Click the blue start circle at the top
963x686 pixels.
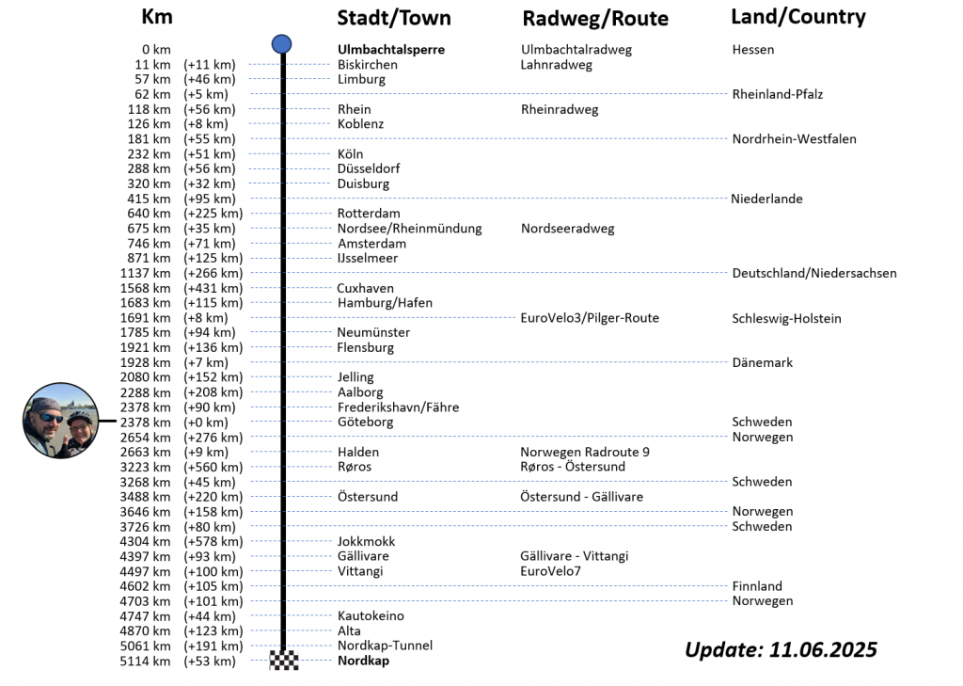click(x=281, y=43)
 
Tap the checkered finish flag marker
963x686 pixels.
click(x=284, y=660)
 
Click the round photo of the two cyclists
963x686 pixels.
click(x=61, y=421)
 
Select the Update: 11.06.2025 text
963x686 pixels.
click(x=781, y=649)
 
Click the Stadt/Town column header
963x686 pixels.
click(x=394, y=18)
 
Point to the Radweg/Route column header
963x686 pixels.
click(x=595, y=19)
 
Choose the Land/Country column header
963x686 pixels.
click(x=798, y=17)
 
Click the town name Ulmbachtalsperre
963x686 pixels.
click(x=390, y=50)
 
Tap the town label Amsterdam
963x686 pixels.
click(x=371, y=244)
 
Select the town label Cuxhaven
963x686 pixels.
click(x=365, y=288)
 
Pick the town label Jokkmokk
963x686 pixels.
click(x=366, y=541)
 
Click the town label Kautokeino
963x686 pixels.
click(x=371, y=615)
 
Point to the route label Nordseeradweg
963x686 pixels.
click(x=567, y=229)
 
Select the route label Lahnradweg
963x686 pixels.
click(x=556, y=65)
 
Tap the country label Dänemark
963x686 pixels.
click(x=762, y=362)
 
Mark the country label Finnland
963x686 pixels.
click(x=757, y=586)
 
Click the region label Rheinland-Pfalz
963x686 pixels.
click(x=777, y=94)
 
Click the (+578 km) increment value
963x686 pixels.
click(x=213, y=541)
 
